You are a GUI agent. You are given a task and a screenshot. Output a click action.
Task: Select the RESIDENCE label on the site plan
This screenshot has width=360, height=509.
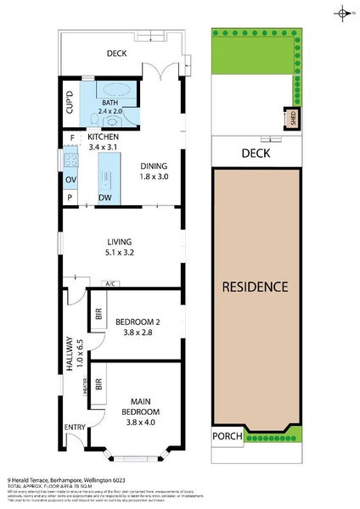tap(256, 287)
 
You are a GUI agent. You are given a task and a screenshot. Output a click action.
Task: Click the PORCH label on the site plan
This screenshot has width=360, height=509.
tap(228, 437)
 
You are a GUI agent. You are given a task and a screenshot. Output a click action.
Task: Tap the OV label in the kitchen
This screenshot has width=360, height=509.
tap(70, 179)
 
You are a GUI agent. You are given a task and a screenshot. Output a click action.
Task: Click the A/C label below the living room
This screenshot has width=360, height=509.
tap(110, 283)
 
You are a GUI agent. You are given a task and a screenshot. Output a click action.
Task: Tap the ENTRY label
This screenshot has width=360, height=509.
tap(75, 428)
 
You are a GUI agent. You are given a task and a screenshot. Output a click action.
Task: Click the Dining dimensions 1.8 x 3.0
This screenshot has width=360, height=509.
tap(154, 177)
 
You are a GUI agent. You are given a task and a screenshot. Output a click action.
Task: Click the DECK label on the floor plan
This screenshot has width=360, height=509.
tap(116, 53)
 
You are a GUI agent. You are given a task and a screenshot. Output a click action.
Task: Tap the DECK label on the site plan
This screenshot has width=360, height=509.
tap(255, 154)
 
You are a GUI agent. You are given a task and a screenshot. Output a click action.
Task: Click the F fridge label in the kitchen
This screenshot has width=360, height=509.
tap(72, 137)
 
